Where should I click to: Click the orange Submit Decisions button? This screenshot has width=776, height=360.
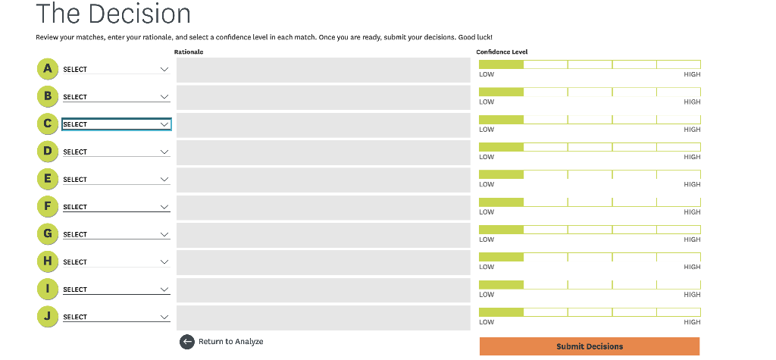[x=589, y=346]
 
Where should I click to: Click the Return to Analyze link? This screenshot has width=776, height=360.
[x=230, y=342]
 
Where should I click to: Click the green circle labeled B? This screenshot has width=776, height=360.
[x=48, y=96]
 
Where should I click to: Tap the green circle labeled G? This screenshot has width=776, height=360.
[x=48, y=234]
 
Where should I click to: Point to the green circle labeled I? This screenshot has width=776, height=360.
[x=48, y=289]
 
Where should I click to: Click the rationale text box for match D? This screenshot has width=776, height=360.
[x=324, y=152]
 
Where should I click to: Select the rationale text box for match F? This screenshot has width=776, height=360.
[x=324, y=208]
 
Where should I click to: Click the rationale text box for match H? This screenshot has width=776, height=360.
[x=324, y=262]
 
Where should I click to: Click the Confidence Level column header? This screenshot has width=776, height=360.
[x=502, y=52]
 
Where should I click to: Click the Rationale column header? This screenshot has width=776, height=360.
[x=189, y=52]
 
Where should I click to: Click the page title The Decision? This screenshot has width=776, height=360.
[x=113, y=14]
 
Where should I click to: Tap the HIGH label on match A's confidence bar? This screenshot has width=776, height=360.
[x=691, y=74]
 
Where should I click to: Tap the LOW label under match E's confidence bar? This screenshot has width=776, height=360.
[x=487, y=184]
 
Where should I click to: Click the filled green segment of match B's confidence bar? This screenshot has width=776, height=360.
[x=501, y=92]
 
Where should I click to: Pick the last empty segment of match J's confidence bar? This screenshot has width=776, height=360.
[x=678, y=312]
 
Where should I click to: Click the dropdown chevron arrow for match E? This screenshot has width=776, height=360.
[x=164, y=180]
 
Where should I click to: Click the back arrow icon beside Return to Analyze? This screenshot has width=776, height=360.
[x=187, y=342]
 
